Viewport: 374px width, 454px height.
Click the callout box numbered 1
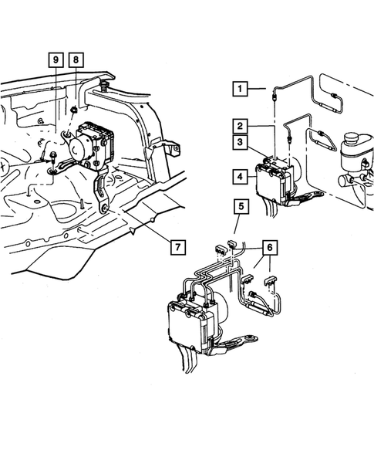(x=240, y=89)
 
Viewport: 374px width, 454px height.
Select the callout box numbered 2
(x=240, y=127)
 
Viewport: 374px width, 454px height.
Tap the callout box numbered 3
(x=240, y=142)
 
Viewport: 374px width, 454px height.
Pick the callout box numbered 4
(x=240, y=176)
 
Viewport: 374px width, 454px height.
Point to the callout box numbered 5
(x=241, y=207)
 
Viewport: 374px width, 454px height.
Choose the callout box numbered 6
(x=270, y=248)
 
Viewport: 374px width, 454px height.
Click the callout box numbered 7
(x=177, y=247)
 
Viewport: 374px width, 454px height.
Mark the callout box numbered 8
(x=76, y=60)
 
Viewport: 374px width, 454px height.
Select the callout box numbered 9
(x=56, y=60)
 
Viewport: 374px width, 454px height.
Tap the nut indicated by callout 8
(x=74, y=110)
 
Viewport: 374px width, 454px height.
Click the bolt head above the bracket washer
(x=53, y=155)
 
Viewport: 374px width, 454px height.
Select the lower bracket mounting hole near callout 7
(x=104, y=208)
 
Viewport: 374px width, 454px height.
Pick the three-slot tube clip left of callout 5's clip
(x=220, y=249)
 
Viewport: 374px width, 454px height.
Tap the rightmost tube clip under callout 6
(x=271, y=280)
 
